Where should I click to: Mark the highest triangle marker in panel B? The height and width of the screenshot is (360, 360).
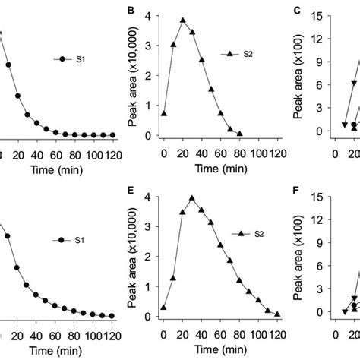(183, 21)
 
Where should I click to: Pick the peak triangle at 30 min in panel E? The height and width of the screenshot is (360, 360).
(192, 199)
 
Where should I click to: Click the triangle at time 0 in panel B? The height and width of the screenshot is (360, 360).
(164, 113)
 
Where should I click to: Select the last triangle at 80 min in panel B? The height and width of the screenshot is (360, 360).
(239, 134)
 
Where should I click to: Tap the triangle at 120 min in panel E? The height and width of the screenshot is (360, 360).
(277, 314)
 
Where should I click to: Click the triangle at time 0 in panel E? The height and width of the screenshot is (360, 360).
(164, 308)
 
